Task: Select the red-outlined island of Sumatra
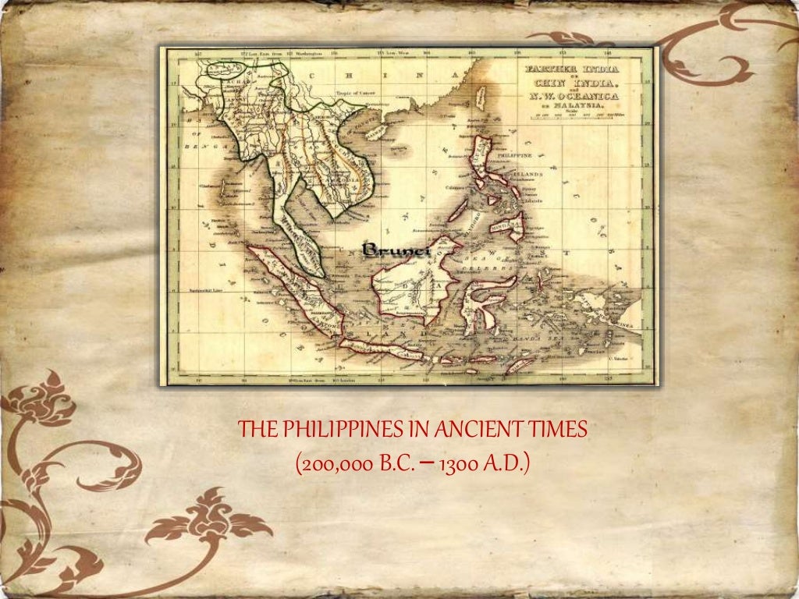(x=293, y=289)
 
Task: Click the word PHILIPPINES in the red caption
(x=325, y=429)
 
